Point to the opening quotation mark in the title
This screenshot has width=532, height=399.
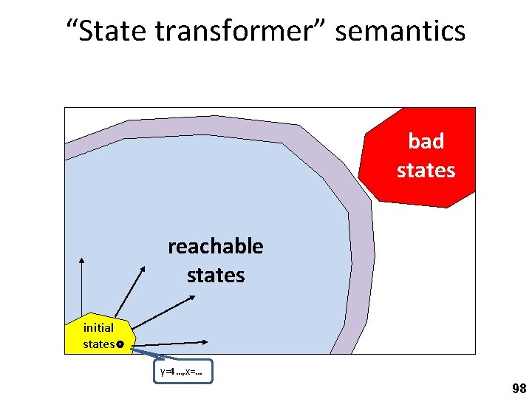71,25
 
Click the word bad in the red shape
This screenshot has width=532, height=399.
426,141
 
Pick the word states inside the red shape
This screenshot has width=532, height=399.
426,170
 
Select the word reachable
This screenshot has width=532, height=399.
215,246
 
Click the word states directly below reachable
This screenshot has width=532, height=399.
215,275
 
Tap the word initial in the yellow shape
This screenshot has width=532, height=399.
98,327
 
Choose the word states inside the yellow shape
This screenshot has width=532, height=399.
98,344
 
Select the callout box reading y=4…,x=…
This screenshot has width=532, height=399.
184,372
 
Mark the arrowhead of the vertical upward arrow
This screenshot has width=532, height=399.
81,259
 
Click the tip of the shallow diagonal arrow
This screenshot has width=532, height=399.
194,297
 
